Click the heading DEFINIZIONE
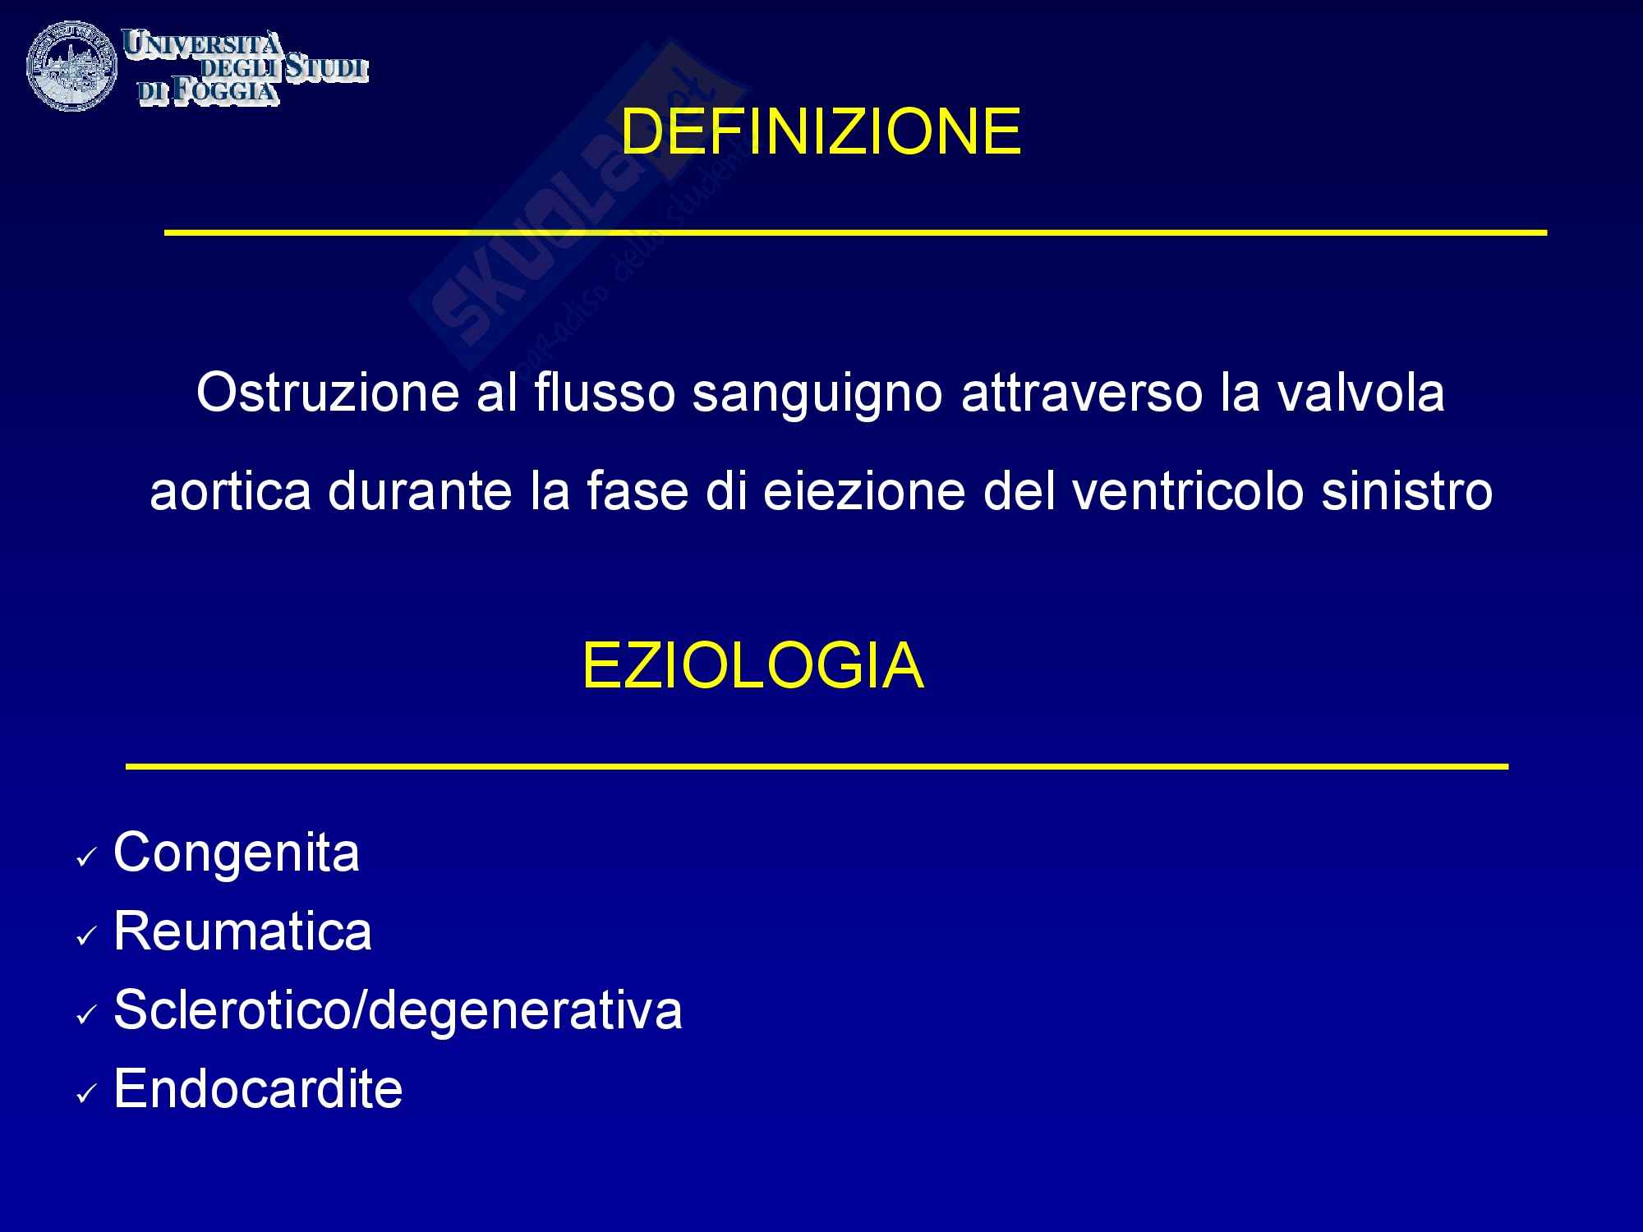pos(821,131)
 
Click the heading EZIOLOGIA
pos(752,666)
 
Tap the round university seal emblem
pos(71,67)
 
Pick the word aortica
pos(230,491)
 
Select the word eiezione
pos(863,491)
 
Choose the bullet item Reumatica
pos(242,930)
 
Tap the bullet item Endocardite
pos(258,1088)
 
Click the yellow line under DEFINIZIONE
pos(855,233)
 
